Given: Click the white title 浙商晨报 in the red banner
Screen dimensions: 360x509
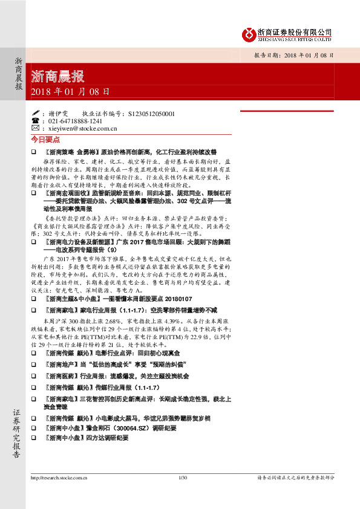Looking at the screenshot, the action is [x=57, y=77].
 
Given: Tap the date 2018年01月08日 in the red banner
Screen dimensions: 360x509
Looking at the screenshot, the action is [x=70, y=92].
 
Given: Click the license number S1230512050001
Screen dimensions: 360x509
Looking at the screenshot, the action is [x=149, y=113].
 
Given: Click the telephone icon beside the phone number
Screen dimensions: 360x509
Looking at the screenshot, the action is [x=34, y=121].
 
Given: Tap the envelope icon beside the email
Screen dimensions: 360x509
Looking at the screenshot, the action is [x=34, y=128].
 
